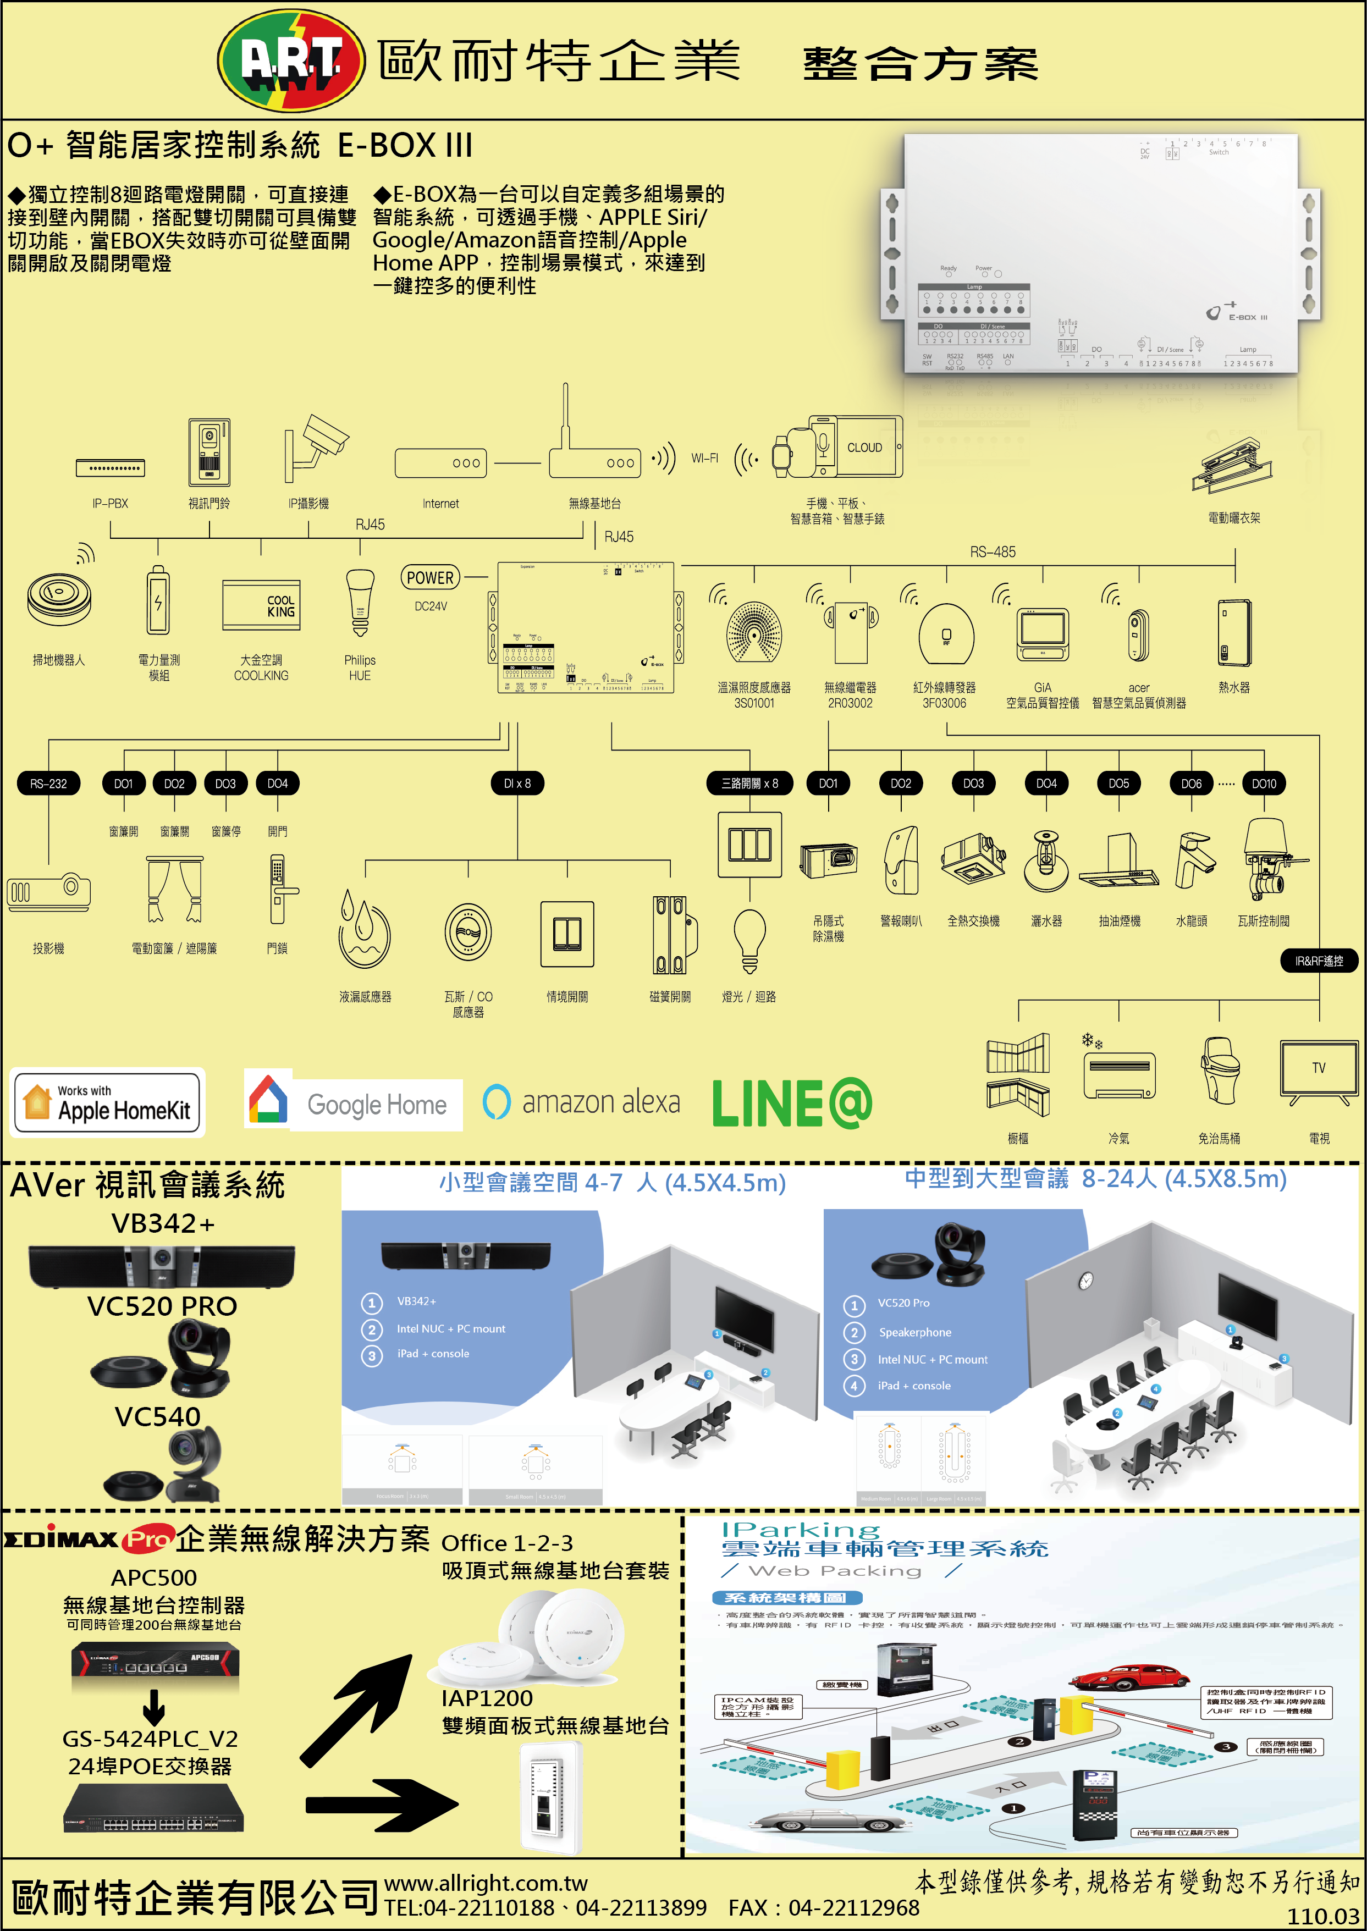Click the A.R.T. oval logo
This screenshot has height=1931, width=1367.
coord(291,60)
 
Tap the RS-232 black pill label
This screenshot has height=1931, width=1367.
coord(49,783)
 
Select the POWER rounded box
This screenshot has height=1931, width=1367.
coord(430,577)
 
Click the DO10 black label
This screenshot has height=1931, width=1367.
coord(1264,783)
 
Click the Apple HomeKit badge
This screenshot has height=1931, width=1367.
coord(108,1103)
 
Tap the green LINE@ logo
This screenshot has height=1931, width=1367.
coord(791,1103)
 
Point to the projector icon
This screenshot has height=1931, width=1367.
coord(49,892)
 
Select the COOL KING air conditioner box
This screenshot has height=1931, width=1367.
coord(261,604)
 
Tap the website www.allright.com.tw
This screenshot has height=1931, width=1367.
coord(486,1883)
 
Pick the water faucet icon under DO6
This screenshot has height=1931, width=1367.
coord(1194,860)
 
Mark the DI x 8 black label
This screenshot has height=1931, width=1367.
coord(517,783)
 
